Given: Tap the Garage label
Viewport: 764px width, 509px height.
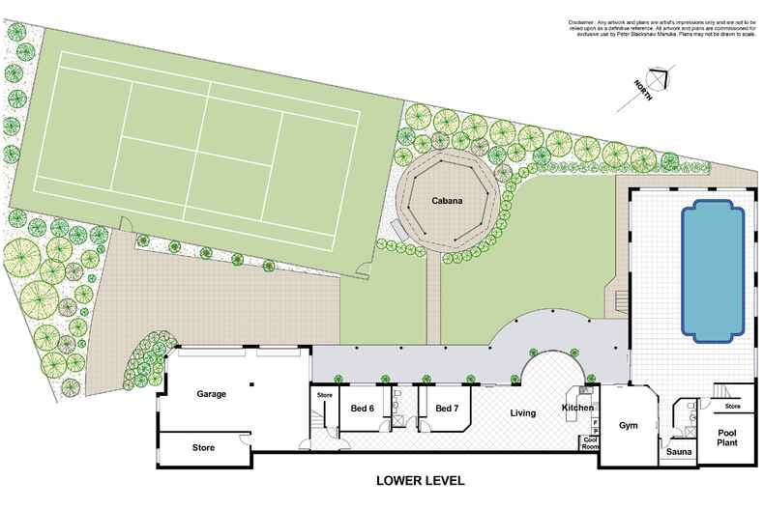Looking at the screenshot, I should pyautogui.click(x=212, y=394).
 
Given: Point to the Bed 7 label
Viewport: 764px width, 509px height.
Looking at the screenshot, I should pyautogui.click(x=446, y=409).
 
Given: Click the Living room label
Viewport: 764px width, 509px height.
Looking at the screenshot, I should pyautogui.click(x=523, y=413).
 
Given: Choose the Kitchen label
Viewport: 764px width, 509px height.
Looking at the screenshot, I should pyautogui.click(x=577, y=410).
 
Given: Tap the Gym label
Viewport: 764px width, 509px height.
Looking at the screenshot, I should pyautogui.click(x=630, y=424).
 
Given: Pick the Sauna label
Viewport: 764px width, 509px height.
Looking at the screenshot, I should pyautogui.click(x=676, y=451).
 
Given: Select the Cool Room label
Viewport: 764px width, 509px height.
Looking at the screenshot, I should pyautogui.click(x=589, y=444).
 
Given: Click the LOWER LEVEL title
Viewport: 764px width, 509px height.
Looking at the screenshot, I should pyautogui.click(x=421, y=479).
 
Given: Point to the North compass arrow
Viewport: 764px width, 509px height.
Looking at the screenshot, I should pyautogui.click(x=661, y=76).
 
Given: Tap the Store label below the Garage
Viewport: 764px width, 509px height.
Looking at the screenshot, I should pyautogui.click(x=203, y=448).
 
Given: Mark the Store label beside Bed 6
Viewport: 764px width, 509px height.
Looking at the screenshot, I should pyautogui.click(x=325, y=394).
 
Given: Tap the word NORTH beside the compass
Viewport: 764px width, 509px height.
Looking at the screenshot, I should pyautogui.click(x=642, y=91).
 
